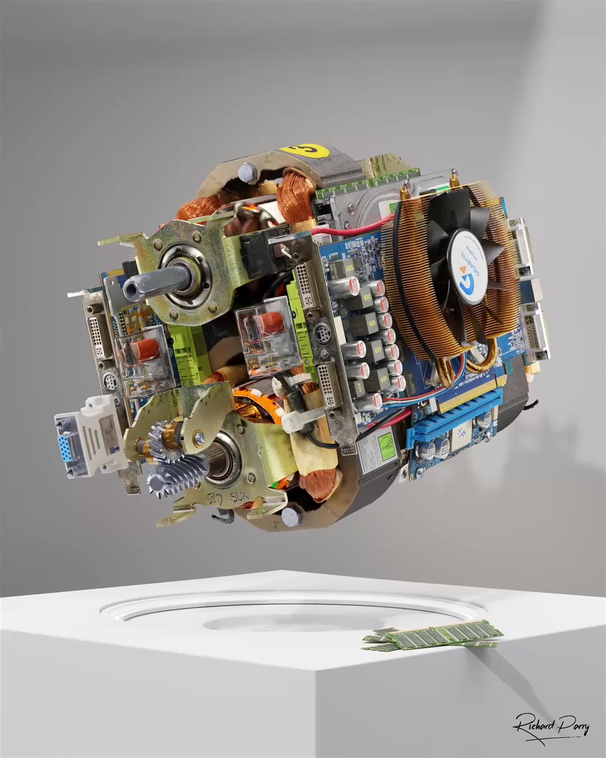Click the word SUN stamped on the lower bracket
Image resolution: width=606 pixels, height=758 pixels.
[239, 497]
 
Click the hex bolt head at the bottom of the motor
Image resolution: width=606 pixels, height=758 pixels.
[291, 517]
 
